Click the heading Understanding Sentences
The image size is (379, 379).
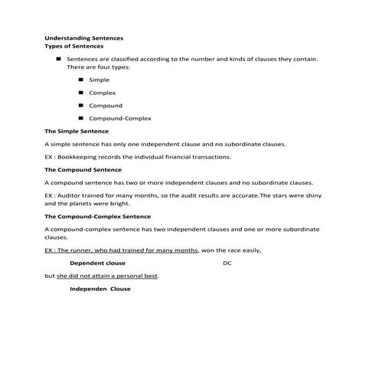[x=84, y=38]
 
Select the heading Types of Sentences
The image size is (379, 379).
[x=76, y=46]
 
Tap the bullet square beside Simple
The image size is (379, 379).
[x=80, y=80]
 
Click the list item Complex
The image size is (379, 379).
[x=102, y=93]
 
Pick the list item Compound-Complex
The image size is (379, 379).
[x=120, y=119]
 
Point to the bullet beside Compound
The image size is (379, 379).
[x=80, y=106]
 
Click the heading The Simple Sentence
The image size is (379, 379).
[x=77, y=131]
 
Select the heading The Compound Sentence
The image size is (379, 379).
[x=83, y=169]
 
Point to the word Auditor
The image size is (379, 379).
[x=71, y=195]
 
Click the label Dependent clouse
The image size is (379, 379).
[x=98, y=263]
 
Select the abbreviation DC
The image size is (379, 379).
[x=227, y=263]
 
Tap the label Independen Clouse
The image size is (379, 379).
[x=100, y=289]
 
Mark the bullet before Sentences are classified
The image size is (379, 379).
[x=58, y=59]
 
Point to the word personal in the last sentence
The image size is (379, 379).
[x=123, y=276]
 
